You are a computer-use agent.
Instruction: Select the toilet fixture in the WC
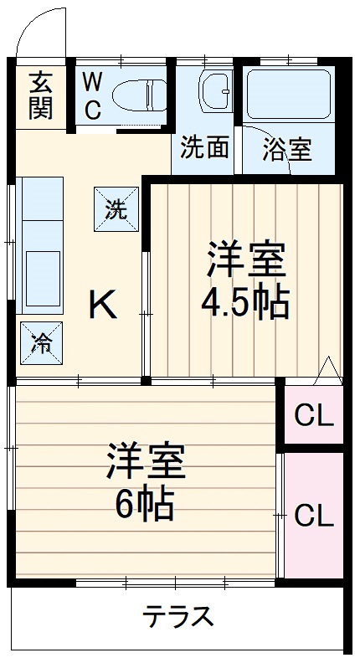138,95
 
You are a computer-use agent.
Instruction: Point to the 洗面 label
205,148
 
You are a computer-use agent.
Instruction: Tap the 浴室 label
287,150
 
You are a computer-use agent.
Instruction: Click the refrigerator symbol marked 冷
39,342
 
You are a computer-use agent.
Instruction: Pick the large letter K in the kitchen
103,305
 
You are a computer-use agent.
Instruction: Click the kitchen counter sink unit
40,244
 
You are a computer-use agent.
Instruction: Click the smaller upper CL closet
315,414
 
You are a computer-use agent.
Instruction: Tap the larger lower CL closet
315,515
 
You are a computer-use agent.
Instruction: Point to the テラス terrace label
177,618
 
